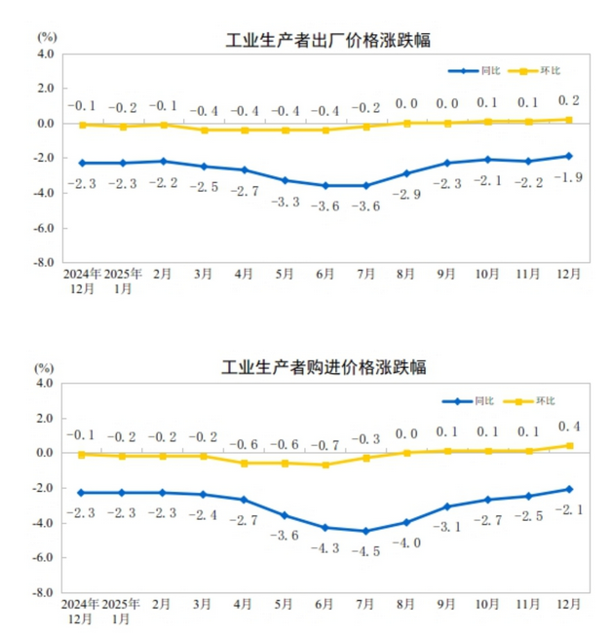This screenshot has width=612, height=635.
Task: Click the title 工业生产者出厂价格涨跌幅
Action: [x=326, y=40]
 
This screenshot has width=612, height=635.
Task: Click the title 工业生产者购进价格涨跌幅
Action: [x=326, y=369]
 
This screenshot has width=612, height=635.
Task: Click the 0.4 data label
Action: [x=570, y=426]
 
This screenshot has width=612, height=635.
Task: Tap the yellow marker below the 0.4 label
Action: [x=570, y=446]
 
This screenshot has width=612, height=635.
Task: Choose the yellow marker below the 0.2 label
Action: [x=570, y=120]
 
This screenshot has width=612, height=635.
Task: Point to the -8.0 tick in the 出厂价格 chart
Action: [x=45, y=263]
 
